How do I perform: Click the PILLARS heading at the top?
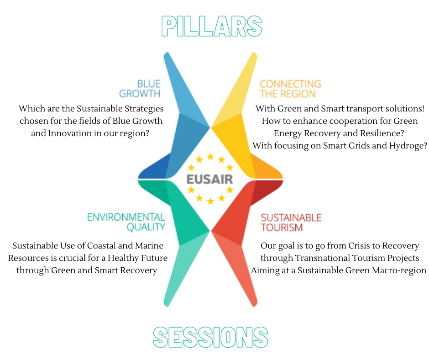coord(211,26)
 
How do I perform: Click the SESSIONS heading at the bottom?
coord(210,337)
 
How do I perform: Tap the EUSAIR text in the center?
coord(209,179)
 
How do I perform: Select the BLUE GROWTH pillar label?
coord(140,89)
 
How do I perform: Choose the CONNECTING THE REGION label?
coord(290,89)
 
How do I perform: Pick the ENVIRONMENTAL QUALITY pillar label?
coord(126,222)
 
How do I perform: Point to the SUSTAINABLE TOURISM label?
coord(291,222)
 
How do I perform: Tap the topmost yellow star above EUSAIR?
coord(210,156)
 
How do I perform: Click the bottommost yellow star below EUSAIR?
coord(210,201)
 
